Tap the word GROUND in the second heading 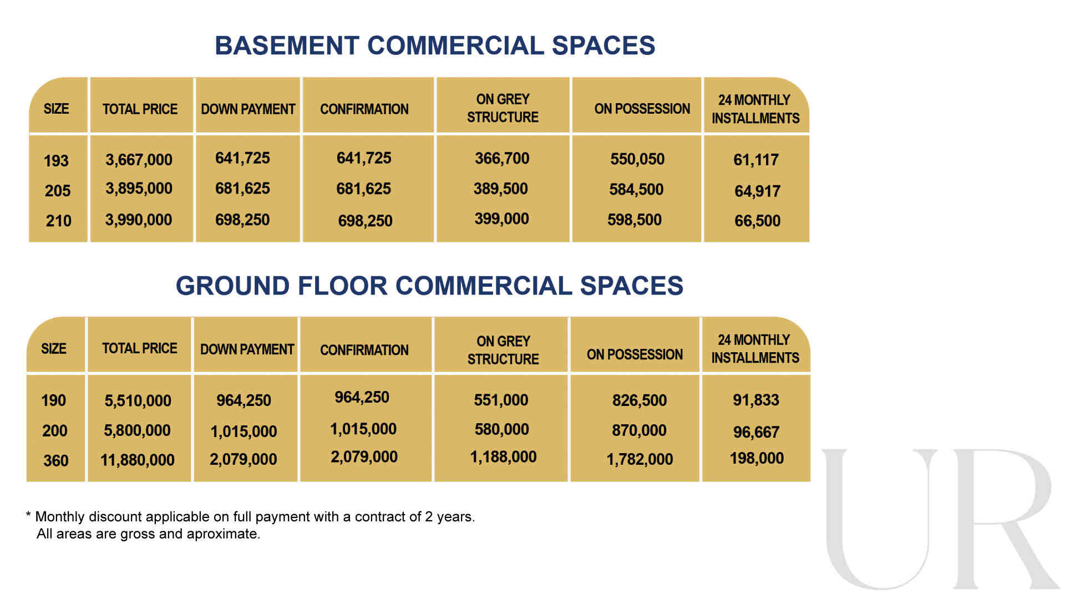pos(232,286)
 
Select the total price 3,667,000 pos(139,160)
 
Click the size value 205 pos(58,191)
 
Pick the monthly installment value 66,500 pos(757,221)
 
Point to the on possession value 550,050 pos(637,159)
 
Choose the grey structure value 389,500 pos(500,189)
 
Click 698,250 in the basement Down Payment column pos(242,220)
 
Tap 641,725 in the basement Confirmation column pos(364,158)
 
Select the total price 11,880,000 pos(138,460)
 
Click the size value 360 pos(56,460)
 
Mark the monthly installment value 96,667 pos(756,432)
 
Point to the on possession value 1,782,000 pos(640,459)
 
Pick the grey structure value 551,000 pos(501,400)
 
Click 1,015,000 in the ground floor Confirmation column pos(363,429)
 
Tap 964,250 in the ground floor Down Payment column pos(244,400)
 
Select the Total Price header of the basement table pos(140,109)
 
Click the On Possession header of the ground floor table pos(635,354)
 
